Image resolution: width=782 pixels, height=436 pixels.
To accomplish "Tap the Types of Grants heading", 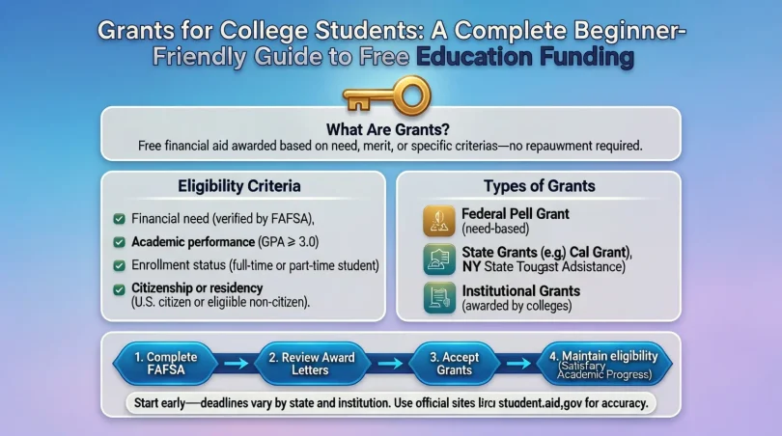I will tap(538, 185).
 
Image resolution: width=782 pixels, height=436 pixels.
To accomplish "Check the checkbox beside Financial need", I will tap(119, 219).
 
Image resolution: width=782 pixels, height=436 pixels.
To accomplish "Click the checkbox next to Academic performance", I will tap(119, 241).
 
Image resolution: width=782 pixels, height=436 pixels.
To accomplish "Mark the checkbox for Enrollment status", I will tap(119, 264).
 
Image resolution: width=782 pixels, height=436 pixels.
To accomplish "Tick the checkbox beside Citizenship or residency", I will tap(119, 288).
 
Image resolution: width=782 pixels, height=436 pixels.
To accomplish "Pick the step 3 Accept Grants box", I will tap(455, 363).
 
